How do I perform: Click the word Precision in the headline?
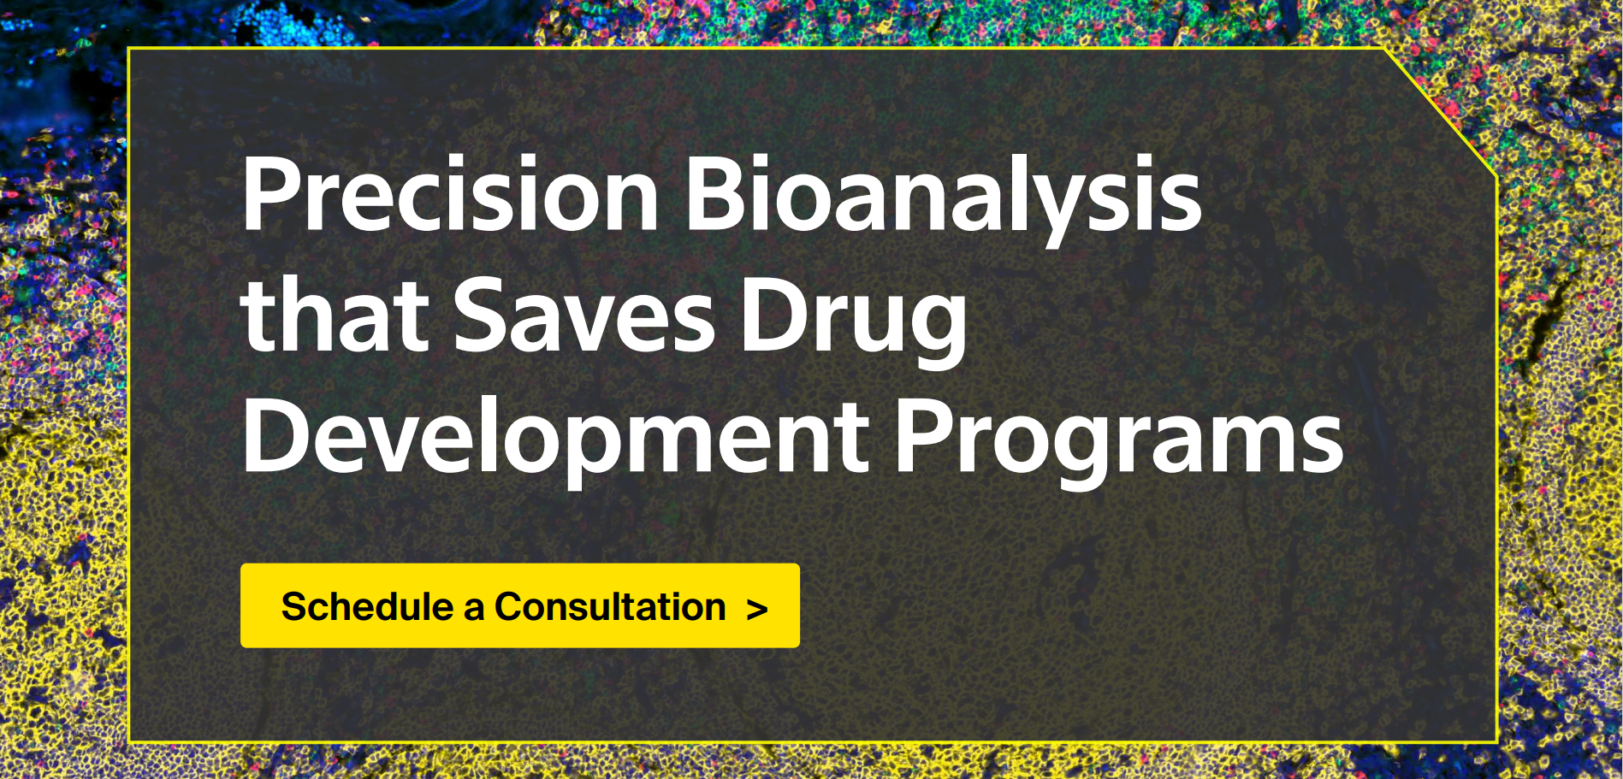[450, 194]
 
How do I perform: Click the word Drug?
[854, 322]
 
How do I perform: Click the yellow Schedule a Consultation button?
[520, 605]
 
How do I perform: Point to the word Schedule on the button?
[368, 606]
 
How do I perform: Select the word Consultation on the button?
[610, 606]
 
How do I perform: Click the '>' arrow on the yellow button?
[757, 610]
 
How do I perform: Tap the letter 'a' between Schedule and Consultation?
[474, 611]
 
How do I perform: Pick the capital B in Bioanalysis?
[715, 194]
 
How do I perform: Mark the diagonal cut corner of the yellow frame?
[1442, 113]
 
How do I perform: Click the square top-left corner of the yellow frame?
[128, 48]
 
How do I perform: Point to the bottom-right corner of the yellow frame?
[1497, 741]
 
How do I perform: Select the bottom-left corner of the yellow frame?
[128, 741]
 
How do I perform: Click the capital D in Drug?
[775, 315]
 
